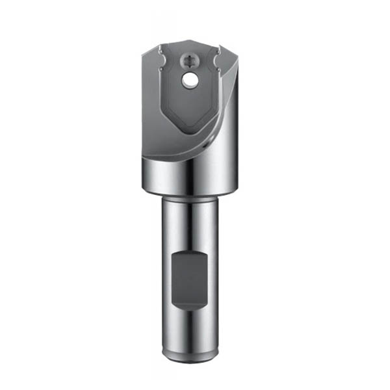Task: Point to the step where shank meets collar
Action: coord(189,195)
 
